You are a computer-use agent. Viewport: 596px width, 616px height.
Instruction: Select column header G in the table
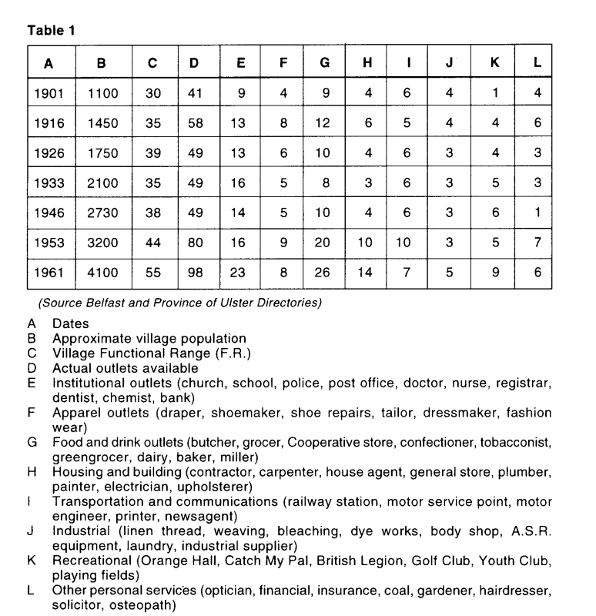tap(325, 63)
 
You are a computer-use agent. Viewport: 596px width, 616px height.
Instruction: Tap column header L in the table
tap(537, 63)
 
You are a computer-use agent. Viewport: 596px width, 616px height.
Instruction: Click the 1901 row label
tap(49, 93)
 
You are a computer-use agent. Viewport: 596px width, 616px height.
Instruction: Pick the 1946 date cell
tap(49, 213)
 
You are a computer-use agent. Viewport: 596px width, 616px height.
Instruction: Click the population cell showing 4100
tap(102, 273)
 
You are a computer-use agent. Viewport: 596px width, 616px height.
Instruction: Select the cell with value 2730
tap(102, 213)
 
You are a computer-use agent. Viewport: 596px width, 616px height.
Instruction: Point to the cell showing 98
tap(199, 273)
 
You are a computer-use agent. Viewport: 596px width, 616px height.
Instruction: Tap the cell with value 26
tap(325, 273)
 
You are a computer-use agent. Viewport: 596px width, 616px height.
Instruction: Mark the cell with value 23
tap(240, 273)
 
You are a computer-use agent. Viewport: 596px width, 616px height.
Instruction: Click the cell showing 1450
tap(102, 123)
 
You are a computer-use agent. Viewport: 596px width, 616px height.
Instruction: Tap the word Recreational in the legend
tap(87, 561)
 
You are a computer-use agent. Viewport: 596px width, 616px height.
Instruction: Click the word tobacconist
tap(515, 442)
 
